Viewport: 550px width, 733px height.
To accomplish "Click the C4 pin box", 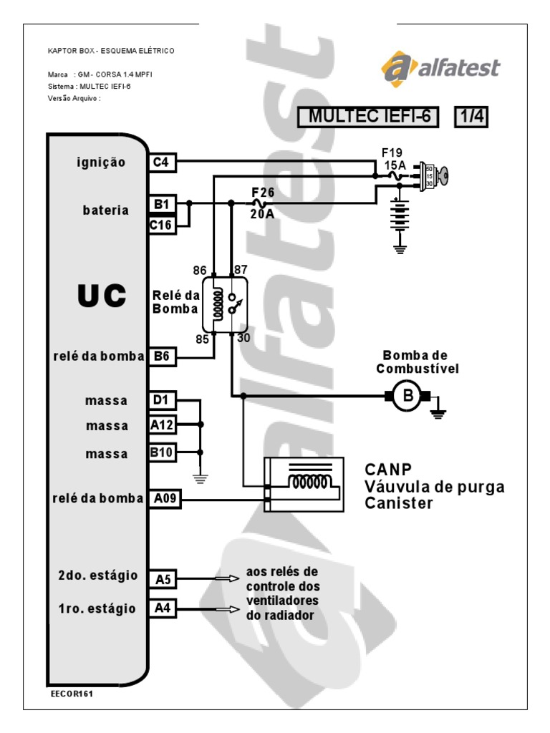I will (x=161, y=162).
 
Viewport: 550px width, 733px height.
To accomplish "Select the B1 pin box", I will (x=161, y=205).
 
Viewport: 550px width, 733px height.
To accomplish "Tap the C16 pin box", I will (x=161, y=225).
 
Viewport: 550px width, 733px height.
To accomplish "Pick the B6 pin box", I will (x=161, y=356).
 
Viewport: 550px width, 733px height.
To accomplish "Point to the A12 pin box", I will (x=161, y=425).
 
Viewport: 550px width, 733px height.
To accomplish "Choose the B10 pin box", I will (x=161, y=452).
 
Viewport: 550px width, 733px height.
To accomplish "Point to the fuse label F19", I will (x=392, y=152).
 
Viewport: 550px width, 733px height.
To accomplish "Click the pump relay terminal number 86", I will (x=200, y=270).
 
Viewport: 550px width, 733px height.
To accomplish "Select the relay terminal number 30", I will (x=243, y=339).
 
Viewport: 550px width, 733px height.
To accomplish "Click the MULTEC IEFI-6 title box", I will (x=371, y=117).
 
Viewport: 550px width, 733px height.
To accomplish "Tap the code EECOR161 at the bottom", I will (x=72, y=694).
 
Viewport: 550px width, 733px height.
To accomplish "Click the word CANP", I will (x=387, y=470).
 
